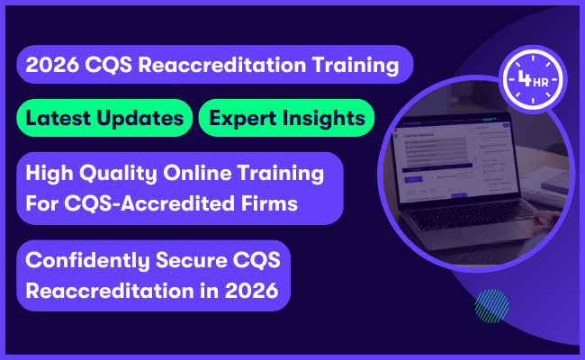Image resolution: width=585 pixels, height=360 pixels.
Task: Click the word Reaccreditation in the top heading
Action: [216, 65]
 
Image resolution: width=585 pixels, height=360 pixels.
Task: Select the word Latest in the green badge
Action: [58, 118]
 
